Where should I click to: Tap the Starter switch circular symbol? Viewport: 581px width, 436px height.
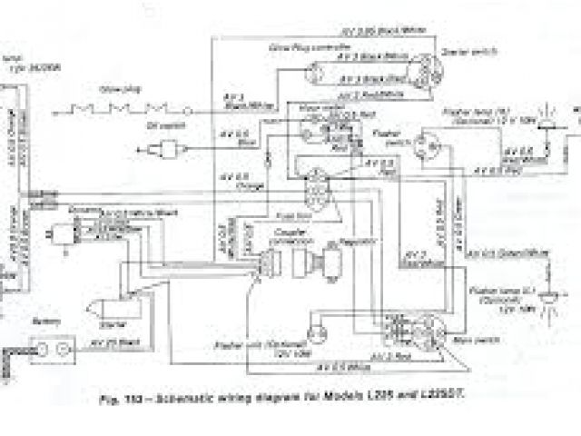coord(426,69)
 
